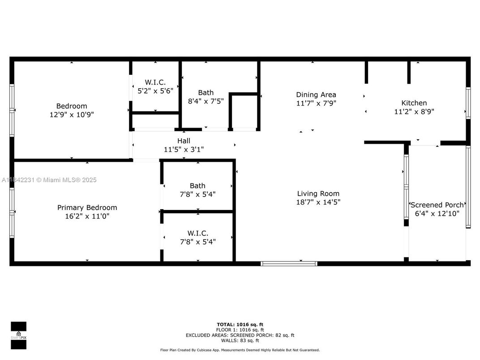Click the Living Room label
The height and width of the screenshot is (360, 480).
coord(318,193)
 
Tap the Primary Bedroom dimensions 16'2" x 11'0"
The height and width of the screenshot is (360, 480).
coord(87,216)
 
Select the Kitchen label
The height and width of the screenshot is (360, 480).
coord(414,103)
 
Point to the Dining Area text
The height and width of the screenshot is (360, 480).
coord(316,94)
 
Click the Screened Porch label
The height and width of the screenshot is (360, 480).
coord(437,205)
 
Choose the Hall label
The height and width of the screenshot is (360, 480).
coord(184,141)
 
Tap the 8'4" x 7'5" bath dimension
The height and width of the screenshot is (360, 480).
coord(206,101)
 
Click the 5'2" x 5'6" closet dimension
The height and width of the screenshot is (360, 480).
coord(155,90)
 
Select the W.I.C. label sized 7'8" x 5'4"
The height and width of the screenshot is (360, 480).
coord(198,233)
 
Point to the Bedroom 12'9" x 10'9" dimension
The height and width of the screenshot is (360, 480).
coord(72,115)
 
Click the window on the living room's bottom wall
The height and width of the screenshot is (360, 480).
coord(289,264)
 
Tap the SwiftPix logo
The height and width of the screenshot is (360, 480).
coord(18,335)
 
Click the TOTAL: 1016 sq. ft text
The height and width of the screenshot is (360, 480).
coord(240,325)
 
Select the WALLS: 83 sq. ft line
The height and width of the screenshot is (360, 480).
coord(240,340)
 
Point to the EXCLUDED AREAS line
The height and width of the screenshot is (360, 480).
coord(240,335)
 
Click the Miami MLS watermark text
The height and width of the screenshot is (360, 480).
coord(49,180)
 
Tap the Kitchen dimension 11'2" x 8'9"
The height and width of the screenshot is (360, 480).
coord(414,111)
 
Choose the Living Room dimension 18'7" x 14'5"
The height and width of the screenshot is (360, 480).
coord(318,202)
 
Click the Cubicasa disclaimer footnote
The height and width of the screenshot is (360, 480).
coord(240,350)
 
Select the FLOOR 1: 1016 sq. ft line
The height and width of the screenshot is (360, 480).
coord(240,330)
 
